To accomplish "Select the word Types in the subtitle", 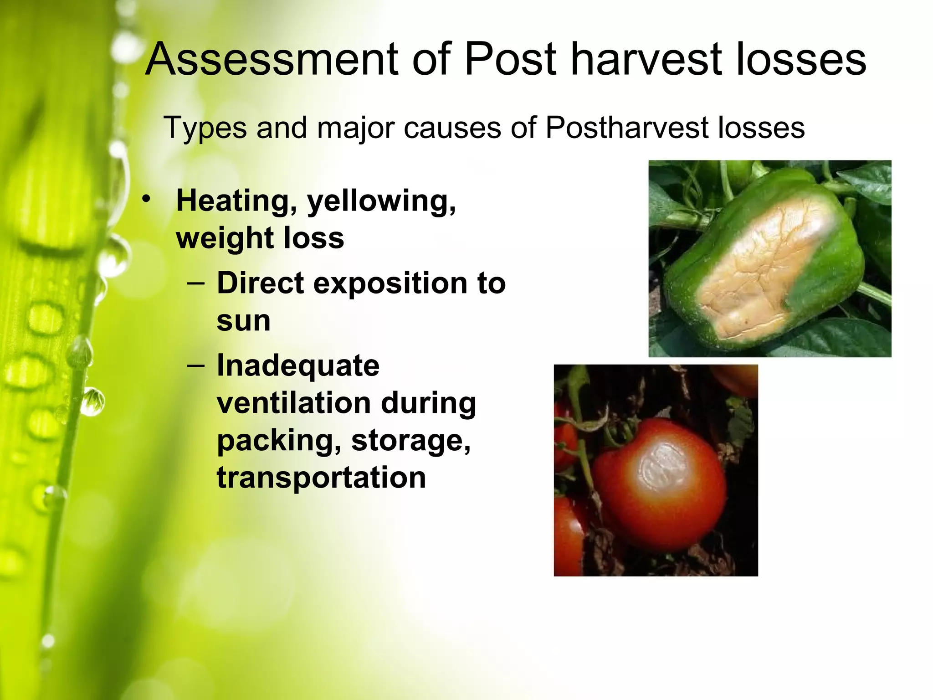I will [x=205, y=128].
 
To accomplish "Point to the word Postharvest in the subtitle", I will [x=626, y=128].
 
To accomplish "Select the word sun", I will [x=244, y=321].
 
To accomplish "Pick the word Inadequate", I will [x=298, y=366].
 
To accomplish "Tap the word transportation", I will [x=321, y=478].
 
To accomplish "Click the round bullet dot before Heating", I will [x=146, y=199].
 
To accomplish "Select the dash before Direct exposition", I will [x=196, y=283].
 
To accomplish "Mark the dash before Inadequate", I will [x=196, y=366].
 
